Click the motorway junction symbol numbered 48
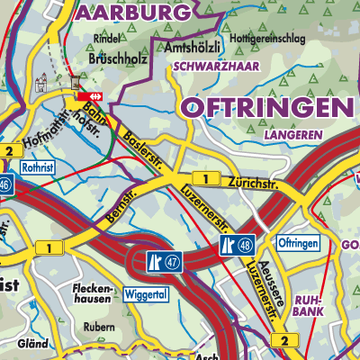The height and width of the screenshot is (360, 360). [x=236, y=244]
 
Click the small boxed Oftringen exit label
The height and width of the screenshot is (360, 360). [x=295, y=245]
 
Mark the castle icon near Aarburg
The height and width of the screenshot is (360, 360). [x=40, y=85]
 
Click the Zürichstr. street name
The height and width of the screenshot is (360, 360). [x=253, y=184]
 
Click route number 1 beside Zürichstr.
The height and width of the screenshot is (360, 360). [x=206, y=179]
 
